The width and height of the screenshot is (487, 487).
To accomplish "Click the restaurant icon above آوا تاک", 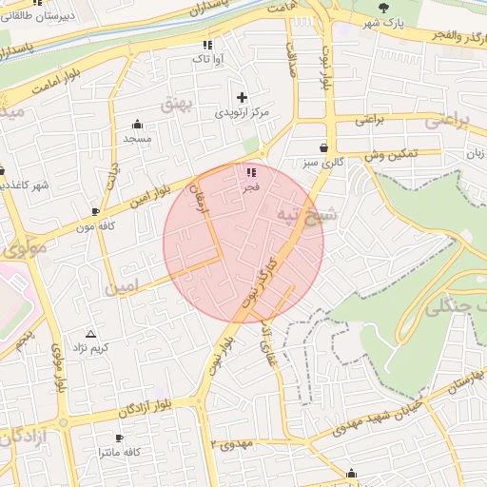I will click(207, 45).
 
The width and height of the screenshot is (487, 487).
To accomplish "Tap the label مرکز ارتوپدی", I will click(242, 112).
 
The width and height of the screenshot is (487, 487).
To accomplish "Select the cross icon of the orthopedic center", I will click(242, 97).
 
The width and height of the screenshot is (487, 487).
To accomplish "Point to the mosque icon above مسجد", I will click(137, 124).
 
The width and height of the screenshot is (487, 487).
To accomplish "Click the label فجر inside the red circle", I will click(251, 187).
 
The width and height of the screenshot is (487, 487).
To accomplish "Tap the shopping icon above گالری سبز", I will click(325, 148).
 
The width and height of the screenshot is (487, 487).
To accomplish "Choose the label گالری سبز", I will click(325, 164).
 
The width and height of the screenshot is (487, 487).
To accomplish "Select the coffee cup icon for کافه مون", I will click(95, 210).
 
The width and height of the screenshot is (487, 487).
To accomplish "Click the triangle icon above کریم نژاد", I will click(91, 334).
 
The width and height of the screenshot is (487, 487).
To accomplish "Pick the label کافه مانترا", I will click(119, 453).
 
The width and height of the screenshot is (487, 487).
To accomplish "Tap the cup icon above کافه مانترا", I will click(119, 438).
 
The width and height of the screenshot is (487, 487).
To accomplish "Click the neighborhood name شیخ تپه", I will click(306, 214).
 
